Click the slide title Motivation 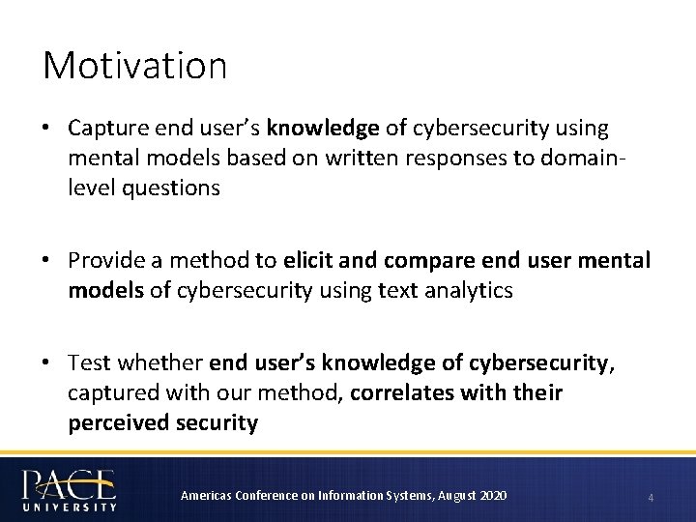pyautogui.click(x=134, y=66)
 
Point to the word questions pyautogui.click(x=171, y=188)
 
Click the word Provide pyautogui.click(x=108, y=261)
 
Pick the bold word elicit pyautogui.click(x=310, y=261)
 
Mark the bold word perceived pyautogui.click(x=116, y=423)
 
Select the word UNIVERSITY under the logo pyautogui.click(x=70, y=506)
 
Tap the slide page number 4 pyautogui.click(x=651, y=497)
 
